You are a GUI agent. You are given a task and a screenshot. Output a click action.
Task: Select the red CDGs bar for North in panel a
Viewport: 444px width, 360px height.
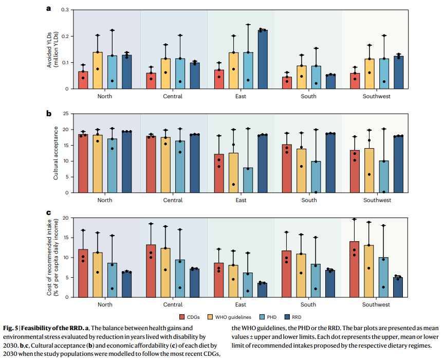pyautogui.click(x=83, y=80)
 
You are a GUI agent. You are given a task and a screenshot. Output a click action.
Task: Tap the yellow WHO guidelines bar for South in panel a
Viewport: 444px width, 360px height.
pyautogui.click(x=302, y=77)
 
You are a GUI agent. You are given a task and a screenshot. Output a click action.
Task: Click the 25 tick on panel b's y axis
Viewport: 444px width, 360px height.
pyautogui.click(x=65, y=114)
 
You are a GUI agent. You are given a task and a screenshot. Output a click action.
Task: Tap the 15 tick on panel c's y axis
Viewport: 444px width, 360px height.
pyautogui.click(x=65, y=238)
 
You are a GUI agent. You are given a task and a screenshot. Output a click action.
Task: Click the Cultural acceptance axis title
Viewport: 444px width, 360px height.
pyautogui.click(x=55, y=153)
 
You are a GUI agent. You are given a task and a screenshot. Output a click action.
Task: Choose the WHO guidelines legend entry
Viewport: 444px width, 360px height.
pyautogui.click(x=228, y=316)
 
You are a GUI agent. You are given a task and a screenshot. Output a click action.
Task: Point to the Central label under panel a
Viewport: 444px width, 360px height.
pyautogui.click(x=173, y=96)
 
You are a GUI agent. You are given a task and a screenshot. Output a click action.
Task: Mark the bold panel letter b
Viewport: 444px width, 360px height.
pyautogui.click(x=49, y=113)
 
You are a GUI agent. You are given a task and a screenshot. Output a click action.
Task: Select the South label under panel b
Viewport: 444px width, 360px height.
pyautogui.click(x=309, y=200)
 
